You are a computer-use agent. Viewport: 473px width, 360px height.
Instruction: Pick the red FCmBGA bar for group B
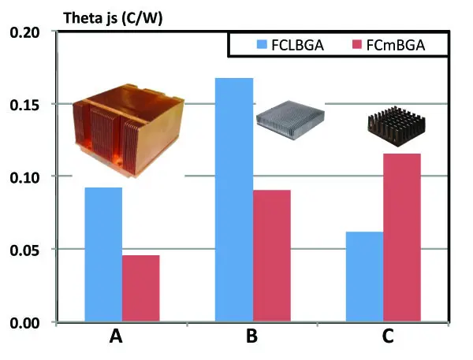tap(272, 255)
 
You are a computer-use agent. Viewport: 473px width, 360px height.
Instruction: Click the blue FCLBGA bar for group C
tap(364, 276)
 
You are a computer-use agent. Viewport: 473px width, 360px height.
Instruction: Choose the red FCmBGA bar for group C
tap(402, 237)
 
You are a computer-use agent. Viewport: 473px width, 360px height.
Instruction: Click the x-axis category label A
tap(117, 338)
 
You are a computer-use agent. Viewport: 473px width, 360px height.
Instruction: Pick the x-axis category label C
tap(388, 338)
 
